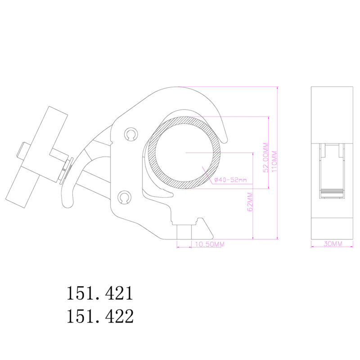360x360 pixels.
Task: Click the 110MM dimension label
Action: point(274,161)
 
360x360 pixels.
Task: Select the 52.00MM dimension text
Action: point(265,157)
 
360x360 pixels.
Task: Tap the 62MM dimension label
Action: point(250,202)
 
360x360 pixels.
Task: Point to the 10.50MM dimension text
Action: point(210,244)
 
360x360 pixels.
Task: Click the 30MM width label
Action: point(333,243)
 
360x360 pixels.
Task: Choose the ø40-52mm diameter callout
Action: point(230,180)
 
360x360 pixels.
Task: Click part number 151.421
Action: point(100,293)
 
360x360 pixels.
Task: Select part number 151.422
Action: point(100,316)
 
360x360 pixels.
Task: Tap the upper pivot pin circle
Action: point(131,134)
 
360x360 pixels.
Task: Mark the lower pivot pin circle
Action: point(125,197)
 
